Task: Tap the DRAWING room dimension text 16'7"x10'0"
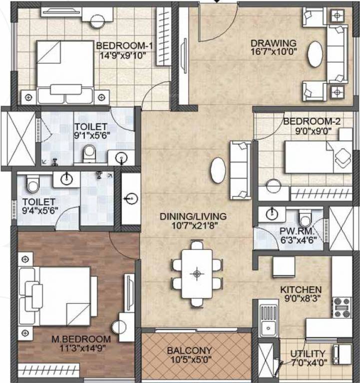273,51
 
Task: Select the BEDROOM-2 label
305,121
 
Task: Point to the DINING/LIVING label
193,216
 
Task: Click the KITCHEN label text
301,290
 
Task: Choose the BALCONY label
189,350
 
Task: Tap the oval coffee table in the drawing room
315,54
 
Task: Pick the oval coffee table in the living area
218,171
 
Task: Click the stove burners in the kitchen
342,307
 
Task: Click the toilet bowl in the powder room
305,218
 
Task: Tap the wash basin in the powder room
271,214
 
